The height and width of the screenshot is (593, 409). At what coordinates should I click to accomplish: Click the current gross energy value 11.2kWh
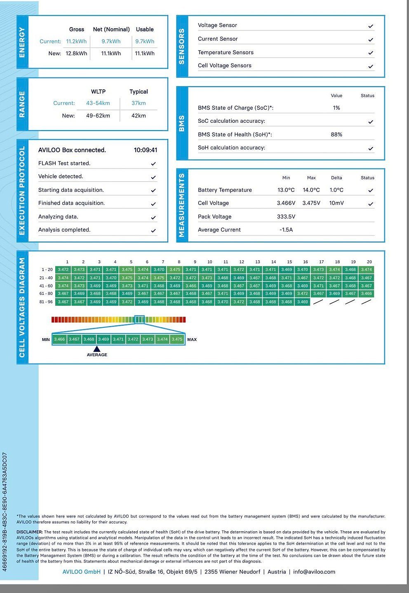point(76,41)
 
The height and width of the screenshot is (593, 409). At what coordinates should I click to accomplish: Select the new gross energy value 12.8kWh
point(76,53)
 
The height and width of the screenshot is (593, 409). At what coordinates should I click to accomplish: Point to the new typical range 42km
point(139,115)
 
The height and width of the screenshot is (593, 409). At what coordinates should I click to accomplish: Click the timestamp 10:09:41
point(146,150)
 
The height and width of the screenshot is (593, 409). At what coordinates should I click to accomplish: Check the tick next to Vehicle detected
point(153,177)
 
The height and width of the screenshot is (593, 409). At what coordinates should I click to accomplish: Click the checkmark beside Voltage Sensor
point(371,26)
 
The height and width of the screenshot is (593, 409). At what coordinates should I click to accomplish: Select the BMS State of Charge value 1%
point(336,107)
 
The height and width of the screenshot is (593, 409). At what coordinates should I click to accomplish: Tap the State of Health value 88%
point(336,134)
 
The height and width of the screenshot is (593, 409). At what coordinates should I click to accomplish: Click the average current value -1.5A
point(286,229)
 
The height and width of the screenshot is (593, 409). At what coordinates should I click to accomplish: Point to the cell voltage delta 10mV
point(336,203)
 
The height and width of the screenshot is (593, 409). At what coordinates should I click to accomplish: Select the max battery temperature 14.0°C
point(311,190)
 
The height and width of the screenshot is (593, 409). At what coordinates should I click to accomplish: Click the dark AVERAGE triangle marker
point(97,349)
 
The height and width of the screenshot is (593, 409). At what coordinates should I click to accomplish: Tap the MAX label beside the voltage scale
point(192,339)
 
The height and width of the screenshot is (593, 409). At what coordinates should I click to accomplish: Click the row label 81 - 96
point(46,301)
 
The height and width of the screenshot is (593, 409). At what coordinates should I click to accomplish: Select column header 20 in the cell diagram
point(369,261)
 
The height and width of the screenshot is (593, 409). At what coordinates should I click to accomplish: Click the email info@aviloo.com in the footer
point(314,572)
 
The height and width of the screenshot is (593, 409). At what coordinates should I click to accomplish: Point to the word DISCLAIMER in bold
point(29,532)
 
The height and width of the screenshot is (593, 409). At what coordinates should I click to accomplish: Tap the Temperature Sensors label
point(226,52)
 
